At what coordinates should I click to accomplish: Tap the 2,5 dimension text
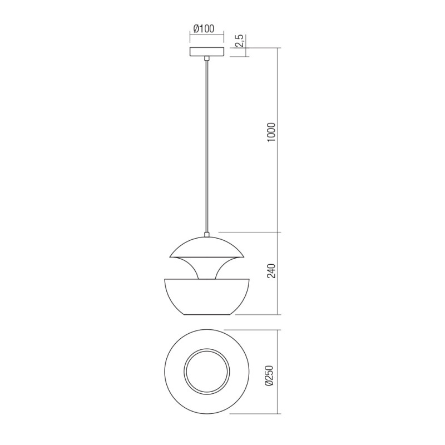pos(238,41)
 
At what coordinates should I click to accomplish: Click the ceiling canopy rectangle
pos(207,52)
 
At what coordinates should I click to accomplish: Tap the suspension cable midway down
pos(207,145)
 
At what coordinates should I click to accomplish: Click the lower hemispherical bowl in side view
pos(207,298)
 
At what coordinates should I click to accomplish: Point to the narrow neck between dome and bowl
pos(207,270)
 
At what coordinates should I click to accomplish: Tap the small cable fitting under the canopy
pos(207,58)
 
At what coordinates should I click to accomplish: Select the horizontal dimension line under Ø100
pos(207,35)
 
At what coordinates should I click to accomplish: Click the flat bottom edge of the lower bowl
pos(207,315)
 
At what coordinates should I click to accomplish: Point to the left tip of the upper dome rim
pos(170,256)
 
